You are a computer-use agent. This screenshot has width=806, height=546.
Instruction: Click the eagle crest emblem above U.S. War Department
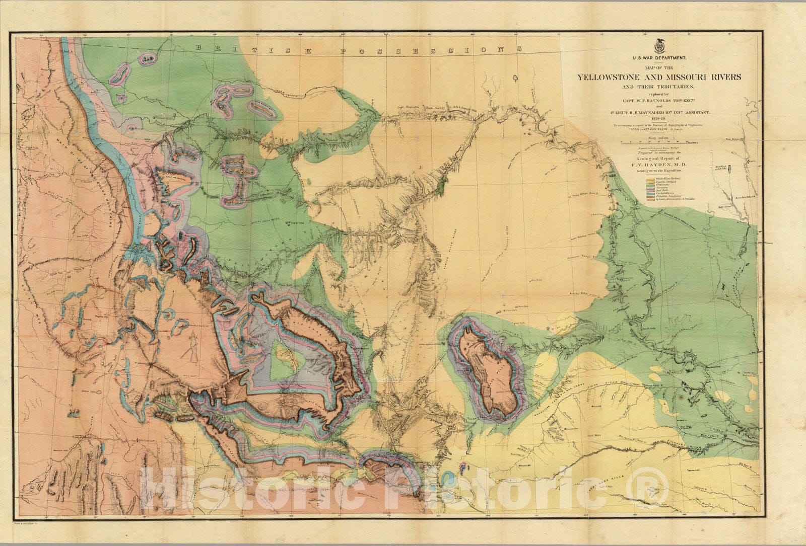(659, 46)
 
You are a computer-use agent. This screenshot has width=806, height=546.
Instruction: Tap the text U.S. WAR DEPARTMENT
(659, 59)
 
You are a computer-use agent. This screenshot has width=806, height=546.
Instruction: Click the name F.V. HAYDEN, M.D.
(659, 165)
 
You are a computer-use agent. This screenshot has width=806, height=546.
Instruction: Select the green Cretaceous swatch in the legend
(648, 185)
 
